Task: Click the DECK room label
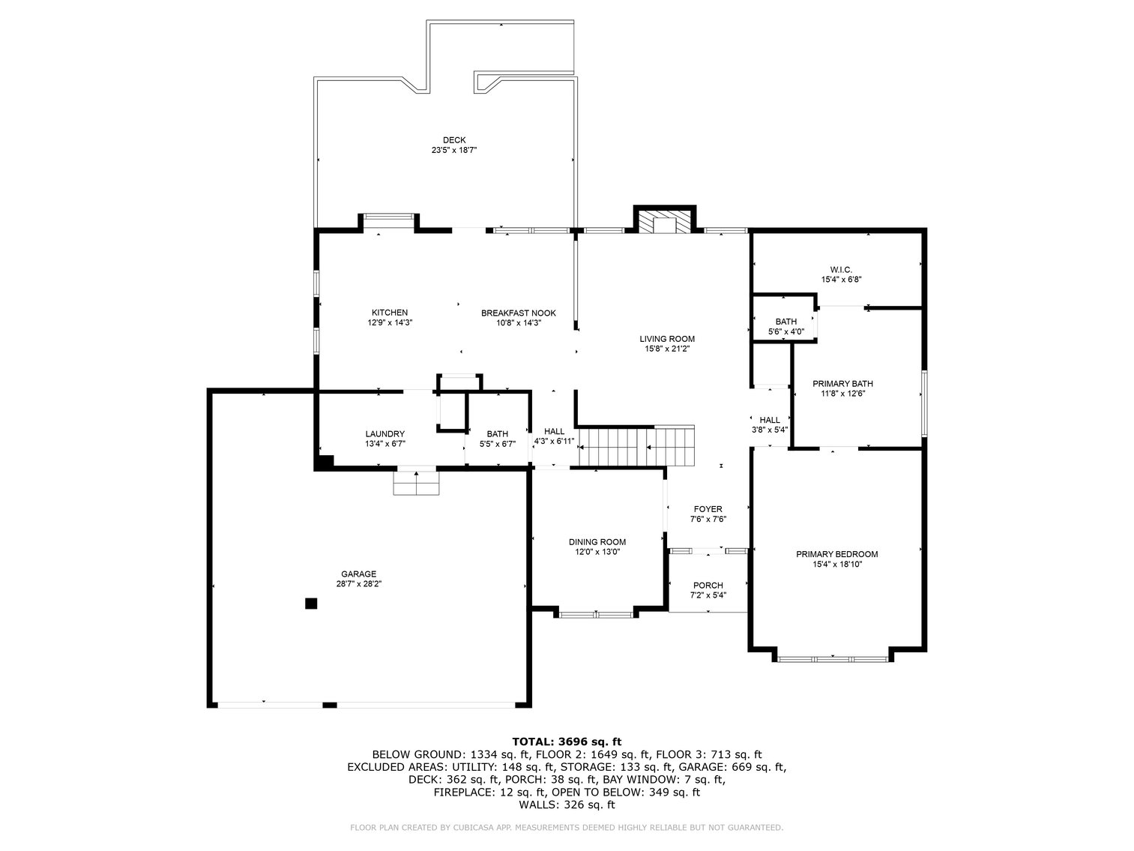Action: tap(454, 140)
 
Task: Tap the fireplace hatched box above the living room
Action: tap(664, 222)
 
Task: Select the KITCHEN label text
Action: tap(390, 313)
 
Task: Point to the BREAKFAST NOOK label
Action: tap(518, 313)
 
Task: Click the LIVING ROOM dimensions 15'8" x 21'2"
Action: tap(667, 349)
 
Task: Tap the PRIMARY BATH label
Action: tap(842, 383)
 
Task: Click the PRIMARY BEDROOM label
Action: tap(837, 554)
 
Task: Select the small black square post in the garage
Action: tap(310, 603)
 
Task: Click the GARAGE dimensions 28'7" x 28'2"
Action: tap(358, 584)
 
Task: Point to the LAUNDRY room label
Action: tap(385, 434)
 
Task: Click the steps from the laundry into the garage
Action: tap(417, 483)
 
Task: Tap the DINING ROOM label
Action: tap(597, 542)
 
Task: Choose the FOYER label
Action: tap(708, 509)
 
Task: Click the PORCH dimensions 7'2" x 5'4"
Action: tap(708, 595)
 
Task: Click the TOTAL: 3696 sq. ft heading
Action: tap(567, 742)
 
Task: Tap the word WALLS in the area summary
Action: tap(539, 805)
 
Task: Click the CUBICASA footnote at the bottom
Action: tap(567, 828)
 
